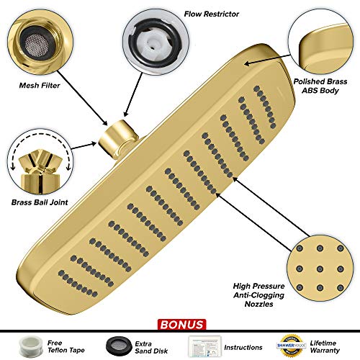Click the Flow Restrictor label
[212, 14]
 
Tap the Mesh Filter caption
[40, 86]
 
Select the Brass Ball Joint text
[40, 202]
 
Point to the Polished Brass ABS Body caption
[320, 86]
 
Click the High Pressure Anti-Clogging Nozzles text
[258, 295]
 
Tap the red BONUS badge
[181, 325]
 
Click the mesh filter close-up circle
[40, 42]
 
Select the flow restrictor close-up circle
[156, 42]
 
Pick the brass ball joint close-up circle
[40, 161]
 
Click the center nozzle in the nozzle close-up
[320, 268]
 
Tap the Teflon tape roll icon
[31, 346]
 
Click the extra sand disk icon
[120, 346]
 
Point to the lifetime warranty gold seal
[292, 346]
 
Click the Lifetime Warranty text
[325, 347]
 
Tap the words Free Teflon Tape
[66, 346]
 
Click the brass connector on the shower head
[118, 138]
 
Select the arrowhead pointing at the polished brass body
[248, 63]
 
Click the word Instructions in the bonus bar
[243, 347]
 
